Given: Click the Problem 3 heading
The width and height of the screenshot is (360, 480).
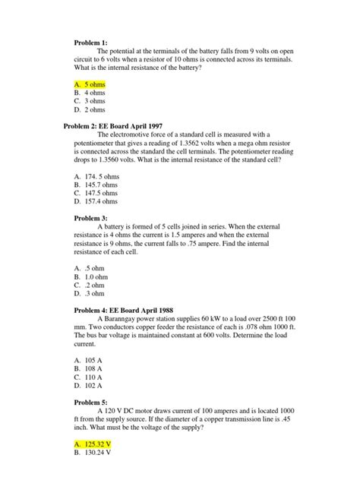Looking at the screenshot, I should click(x=92, y=218).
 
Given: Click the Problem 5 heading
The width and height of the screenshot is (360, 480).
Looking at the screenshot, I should click(x=92, y=403).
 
